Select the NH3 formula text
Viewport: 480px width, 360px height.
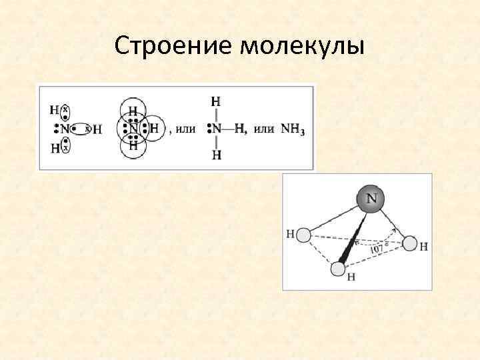click(293, 129)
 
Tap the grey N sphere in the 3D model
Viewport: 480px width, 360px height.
click(371, 198)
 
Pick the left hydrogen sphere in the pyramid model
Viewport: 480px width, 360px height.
click(303, 235)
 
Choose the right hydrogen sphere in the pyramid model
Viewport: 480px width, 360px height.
click(410, 245)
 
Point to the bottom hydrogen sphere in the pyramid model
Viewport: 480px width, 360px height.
click(338, 269)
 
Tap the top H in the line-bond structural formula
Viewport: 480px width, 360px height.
click(215, 102)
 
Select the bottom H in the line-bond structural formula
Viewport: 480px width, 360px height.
click(215, 155)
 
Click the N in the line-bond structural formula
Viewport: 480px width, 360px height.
click(216, 128)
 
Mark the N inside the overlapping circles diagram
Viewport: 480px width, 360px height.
click(133, 128)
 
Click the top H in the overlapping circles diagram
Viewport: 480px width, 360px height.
click(133, 111)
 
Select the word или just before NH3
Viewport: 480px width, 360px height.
click(264, 129)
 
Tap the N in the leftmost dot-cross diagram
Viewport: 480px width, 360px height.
click(65, 129)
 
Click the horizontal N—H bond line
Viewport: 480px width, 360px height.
click(228, 129)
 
